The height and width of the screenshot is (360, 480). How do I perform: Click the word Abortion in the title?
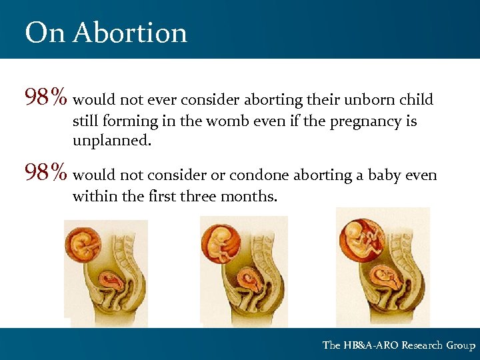pyautogui.click(x=130, y=33)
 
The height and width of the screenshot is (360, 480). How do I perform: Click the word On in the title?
pyautogui.click(x=45, y=33)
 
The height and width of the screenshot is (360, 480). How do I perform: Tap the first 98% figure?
pyautogui.click(x=45, y=99)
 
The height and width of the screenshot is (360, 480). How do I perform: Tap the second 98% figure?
pyautogui.click(x=45, y=175)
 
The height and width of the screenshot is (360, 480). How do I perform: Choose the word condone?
pyautogui.click(x=261, y=175)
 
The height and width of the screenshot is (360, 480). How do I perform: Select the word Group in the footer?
pyautogui.click(x=461, y=345)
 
